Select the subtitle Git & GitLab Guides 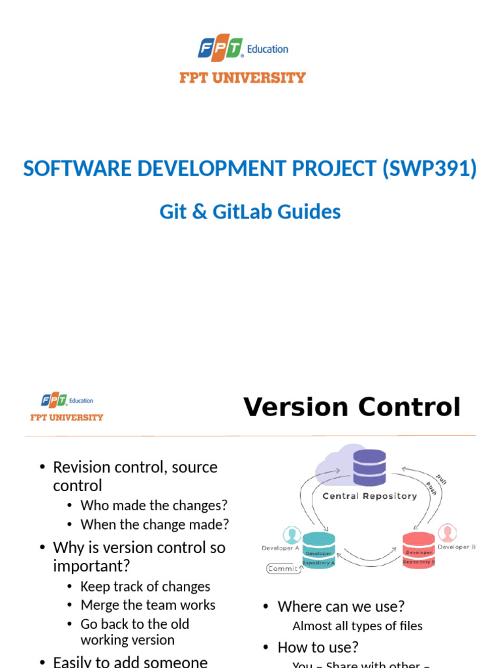click(250, 211)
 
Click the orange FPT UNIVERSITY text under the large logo click(243, 78)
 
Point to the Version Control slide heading click(352, 407)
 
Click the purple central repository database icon click(369, 466)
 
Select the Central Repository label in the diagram click(369, 496)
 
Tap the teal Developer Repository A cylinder click(319, 549)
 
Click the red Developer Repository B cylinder click(418, 550)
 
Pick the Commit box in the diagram click(283, 568)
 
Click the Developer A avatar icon click(291, 535)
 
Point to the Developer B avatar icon click(447, 533)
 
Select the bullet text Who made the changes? click(154, 506)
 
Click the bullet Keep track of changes click(145, 586)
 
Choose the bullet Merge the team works click(147, 605)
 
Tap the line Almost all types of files click(357, 626)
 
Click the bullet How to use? click(318, 647)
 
